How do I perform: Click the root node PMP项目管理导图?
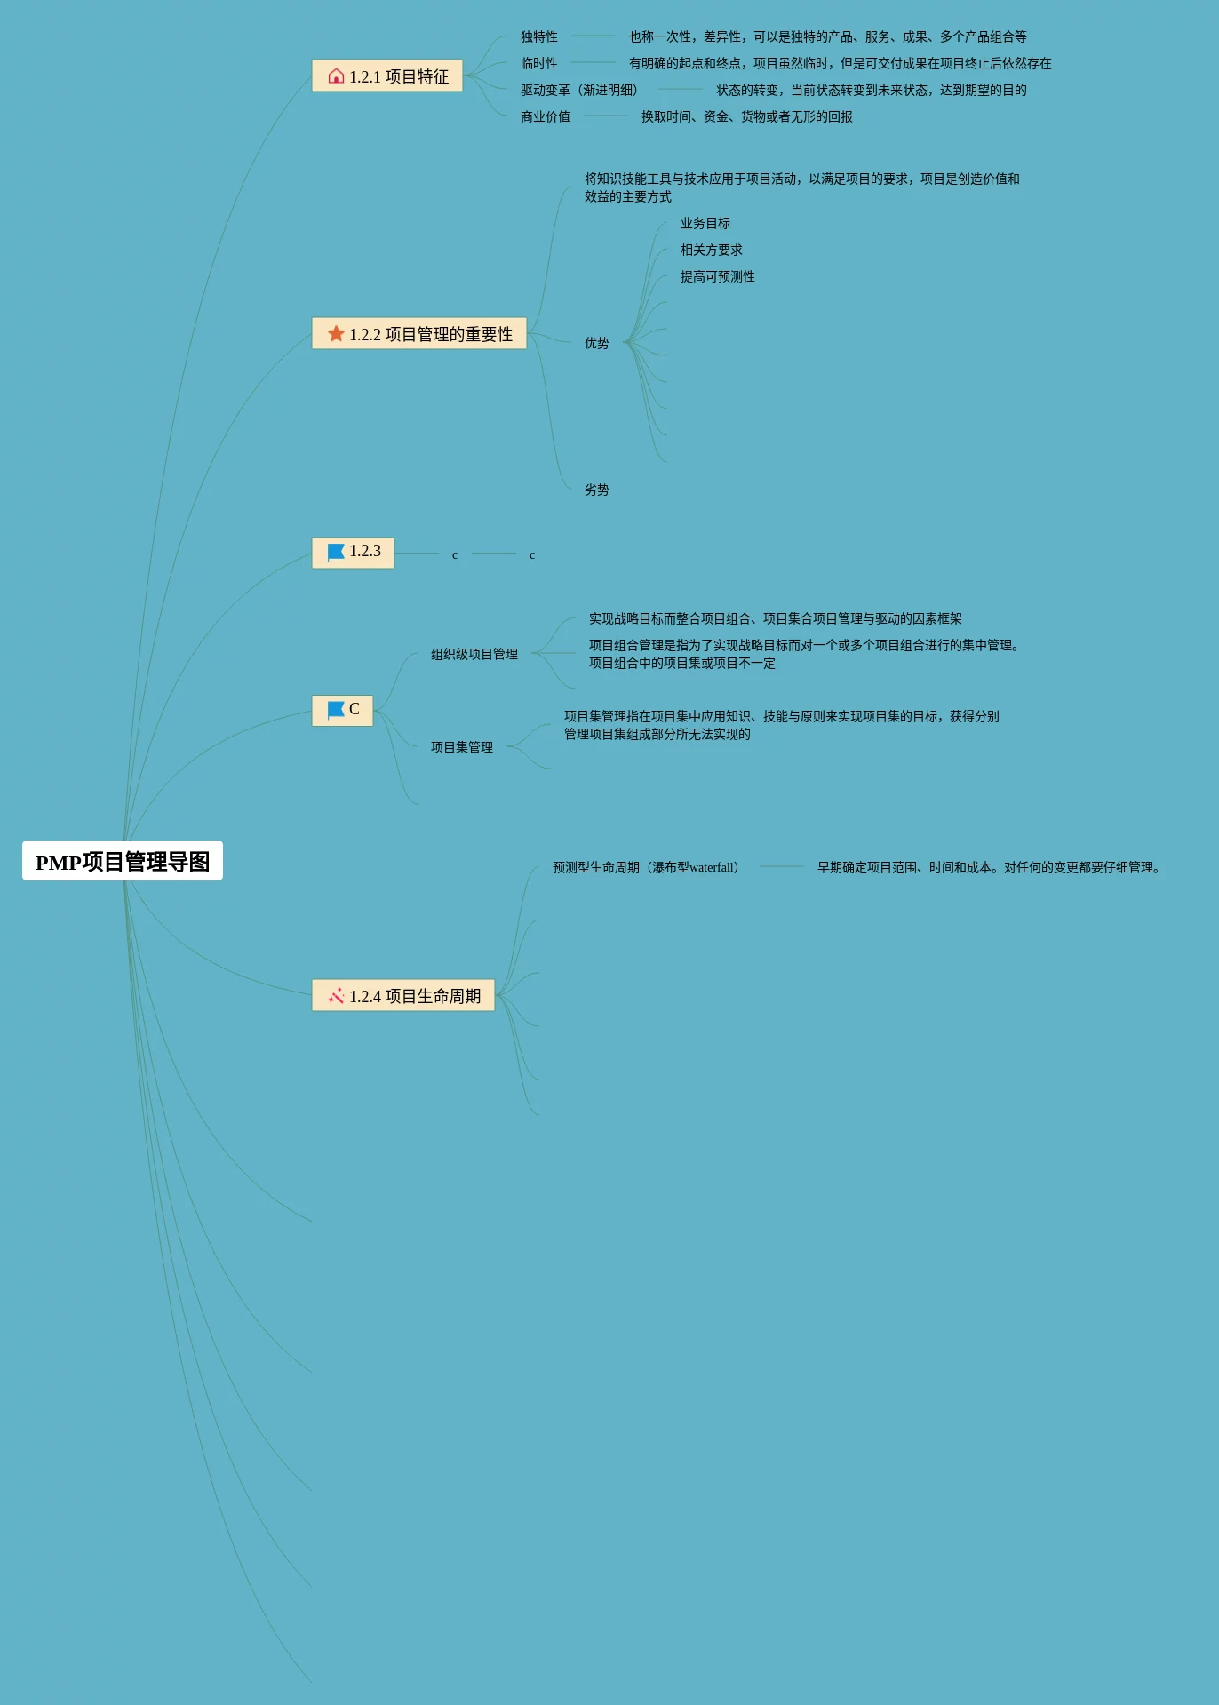123,861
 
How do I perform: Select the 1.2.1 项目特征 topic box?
387,76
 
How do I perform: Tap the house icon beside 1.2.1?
336,76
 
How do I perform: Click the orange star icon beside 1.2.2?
336,333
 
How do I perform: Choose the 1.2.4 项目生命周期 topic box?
403,995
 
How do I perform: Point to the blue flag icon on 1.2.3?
336,552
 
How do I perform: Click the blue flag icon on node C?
336,710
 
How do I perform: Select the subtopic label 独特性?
539,36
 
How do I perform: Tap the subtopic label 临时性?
539,63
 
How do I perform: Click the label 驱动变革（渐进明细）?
579,90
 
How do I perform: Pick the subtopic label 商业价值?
546,116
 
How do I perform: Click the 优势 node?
597,343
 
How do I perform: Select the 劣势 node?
597,490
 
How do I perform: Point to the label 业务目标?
705,223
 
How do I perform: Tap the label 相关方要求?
712,250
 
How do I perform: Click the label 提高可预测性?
718,276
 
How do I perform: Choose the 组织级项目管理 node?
474,654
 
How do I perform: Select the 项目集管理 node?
462,747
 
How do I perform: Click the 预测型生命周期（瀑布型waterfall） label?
646,867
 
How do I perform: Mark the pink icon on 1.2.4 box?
336,996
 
